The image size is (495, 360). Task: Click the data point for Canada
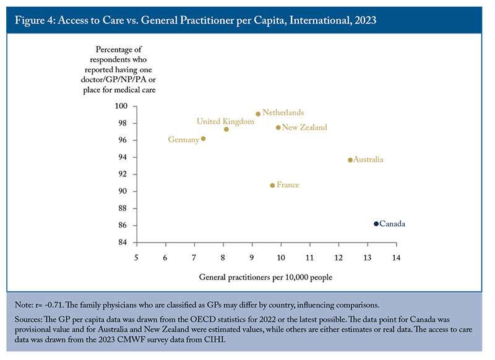tap(376, 224)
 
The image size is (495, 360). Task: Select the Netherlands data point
tap(258, 114)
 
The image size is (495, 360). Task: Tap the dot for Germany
tap(204, 139)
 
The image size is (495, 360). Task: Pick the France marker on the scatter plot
tap(272, 186)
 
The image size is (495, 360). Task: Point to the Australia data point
tap(350, 160)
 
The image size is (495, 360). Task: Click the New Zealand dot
tap(278, 128)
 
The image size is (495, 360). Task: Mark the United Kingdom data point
tap(226, 129)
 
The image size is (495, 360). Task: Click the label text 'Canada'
tap(392, 224)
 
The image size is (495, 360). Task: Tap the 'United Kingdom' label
tap(225, 121)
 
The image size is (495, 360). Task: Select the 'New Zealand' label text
tap(304, 127)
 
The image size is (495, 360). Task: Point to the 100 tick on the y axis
tap(121, 106)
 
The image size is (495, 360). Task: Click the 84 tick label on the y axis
tap(123, 242)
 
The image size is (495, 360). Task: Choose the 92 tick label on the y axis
tap(123, 174)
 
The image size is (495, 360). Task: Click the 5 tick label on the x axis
tap(136, 258)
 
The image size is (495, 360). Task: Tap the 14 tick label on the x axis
tap(396, 258)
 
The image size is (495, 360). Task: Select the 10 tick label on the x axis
tap(281, 258)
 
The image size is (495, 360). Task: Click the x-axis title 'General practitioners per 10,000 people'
tap(265, 277)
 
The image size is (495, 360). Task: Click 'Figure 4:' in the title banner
tap(35, 20)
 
